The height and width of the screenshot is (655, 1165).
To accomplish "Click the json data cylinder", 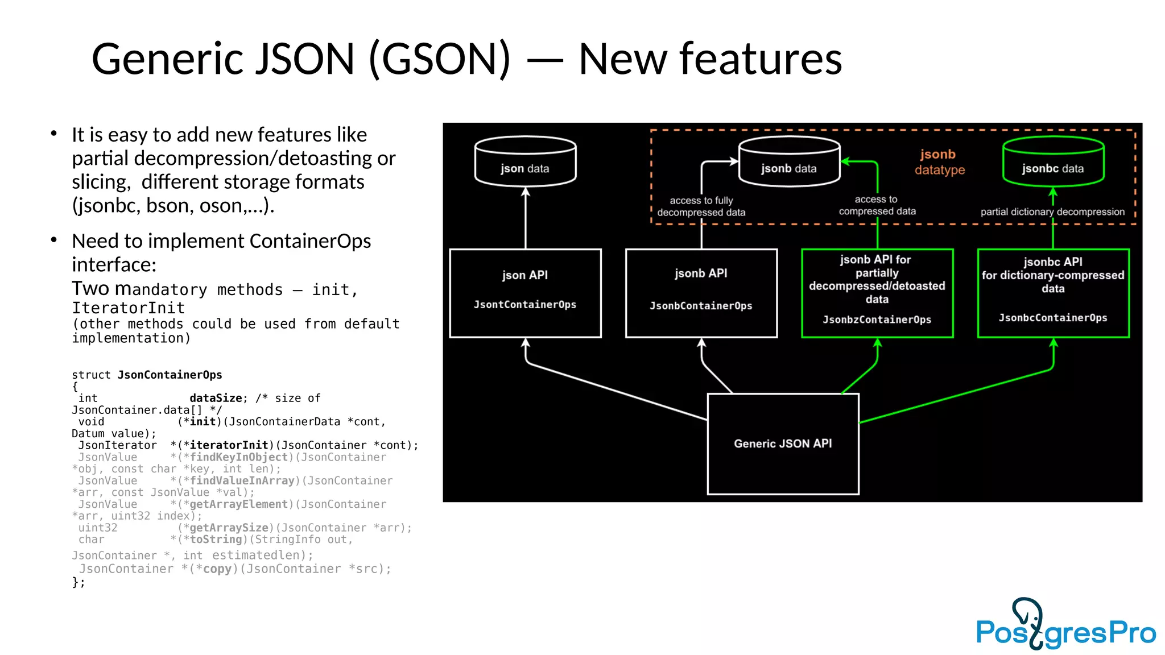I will pyautogui.click(x=525, y=162).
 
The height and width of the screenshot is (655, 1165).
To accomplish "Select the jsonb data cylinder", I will pyautogui.click(x=789, y=162).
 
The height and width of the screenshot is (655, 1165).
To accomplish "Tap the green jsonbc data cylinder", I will pyautogui.click(x=1053, y=162).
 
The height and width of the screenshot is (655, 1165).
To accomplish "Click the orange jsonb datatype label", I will pyautogui.click(x=939, y=162).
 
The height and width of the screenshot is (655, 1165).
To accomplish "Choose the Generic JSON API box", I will pyautogui.click(x=783, y=443).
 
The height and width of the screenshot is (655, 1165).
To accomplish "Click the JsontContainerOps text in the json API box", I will pyautogui.click(x=525, y=305).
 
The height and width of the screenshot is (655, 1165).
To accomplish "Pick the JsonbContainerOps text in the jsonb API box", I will pyautogui.click(x=701, y=306).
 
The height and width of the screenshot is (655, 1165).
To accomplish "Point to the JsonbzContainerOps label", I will pyautogui.click(x=877, y=320).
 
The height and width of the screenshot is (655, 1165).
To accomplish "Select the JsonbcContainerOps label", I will pyautogui.click(x=1053, y=318).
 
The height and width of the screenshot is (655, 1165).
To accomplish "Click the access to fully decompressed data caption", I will pyautogui.click(x=701, y=206).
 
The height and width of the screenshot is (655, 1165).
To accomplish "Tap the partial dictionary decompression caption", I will pyautogui.click(x=1052, y=212).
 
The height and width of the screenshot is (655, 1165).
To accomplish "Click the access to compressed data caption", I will pyautogui.click(x=877, y=205).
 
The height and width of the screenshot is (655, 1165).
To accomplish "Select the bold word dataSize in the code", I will pyautogui.click(x=216, y=398).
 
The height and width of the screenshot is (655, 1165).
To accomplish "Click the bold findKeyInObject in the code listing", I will pyautogui.click(x=239, y=457).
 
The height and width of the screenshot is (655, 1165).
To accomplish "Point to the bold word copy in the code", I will pyautogui.click(x=217, y=569).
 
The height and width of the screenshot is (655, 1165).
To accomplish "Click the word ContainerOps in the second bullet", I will pyautogui.click(x=310, y=241).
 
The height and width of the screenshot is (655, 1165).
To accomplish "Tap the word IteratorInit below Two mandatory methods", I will pyautogui.click(x=129, y=308).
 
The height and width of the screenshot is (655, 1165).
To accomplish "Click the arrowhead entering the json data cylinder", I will pyautogui.click(x=526, y=192).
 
